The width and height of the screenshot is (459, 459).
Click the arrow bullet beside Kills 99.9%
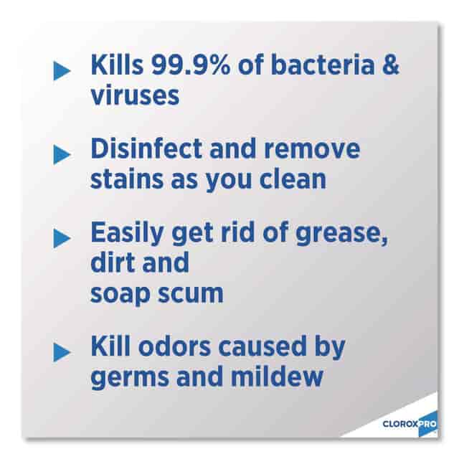pyautogui.click(x=62, y=70)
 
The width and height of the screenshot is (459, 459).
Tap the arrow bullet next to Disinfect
pyautogui.click(x=62, y=155)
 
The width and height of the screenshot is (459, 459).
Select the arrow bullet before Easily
pyautogui.click(x=62, y=238)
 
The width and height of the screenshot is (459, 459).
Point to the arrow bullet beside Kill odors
pyautogui.click(x=62, y=352)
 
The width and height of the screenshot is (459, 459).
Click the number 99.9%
pyautogui.click(x=190, y=65)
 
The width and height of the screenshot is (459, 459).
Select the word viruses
pyautogui.click(x=135, y=95)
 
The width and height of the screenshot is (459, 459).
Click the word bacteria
pyautogui.click(x=323, y=65)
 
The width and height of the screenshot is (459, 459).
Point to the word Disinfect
pyautogui.click(x=146, y=148)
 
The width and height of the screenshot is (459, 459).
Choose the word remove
pyautogui.click(x=312, y=149)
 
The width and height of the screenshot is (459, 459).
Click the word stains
pyautogui.click(x=127, y=179)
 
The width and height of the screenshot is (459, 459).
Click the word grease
pyautogui.click(x=341, y=235)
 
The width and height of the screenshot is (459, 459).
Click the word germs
pyautogui.click(x=130, y=378)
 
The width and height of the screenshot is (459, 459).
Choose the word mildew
pyautogui.click(x=277, y=376)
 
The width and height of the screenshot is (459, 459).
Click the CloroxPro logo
pyautogui.click(x=410, y=424)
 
